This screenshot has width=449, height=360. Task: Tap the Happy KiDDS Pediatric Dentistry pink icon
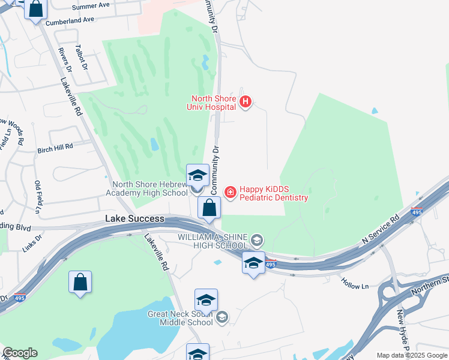point(230,192)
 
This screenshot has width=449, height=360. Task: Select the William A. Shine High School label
point(213,241)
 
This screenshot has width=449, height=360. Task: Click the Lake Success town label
point(134,219)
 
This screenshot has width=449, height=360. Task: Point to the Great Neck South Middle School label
point(181,318)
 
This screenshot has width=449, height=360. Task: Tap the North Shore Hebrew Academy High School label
point(146,189)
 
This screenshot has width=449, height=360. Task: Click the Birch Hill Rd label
point(55,146)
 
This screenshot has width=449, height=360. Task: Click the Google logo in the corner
point(20,353)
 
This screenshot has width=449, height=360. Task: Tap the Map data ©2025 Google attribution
point(411,355)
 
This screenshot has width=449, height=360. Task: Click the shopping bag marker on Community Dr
point(209,209)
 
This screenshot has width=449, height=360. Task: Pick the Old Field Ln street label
point(37,197)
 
